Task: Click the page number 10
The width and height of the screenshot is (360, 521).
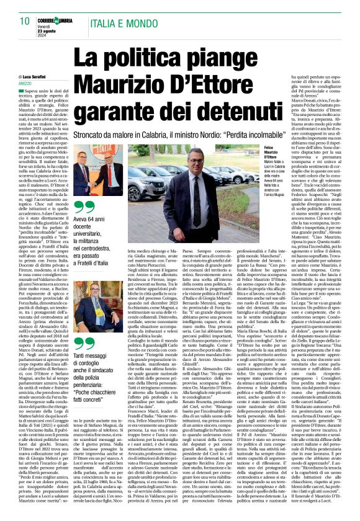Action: (x=24, y=21)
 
